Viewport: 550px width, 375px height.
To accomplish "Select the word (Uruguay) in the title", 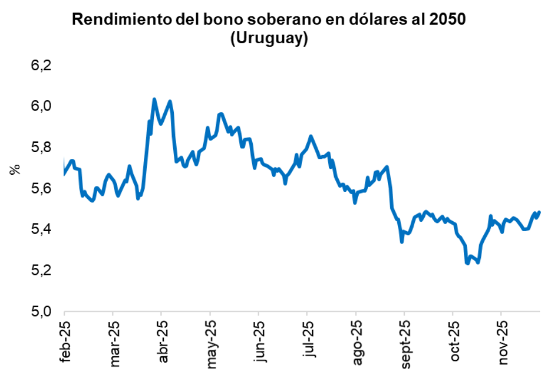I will [269, 39].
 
